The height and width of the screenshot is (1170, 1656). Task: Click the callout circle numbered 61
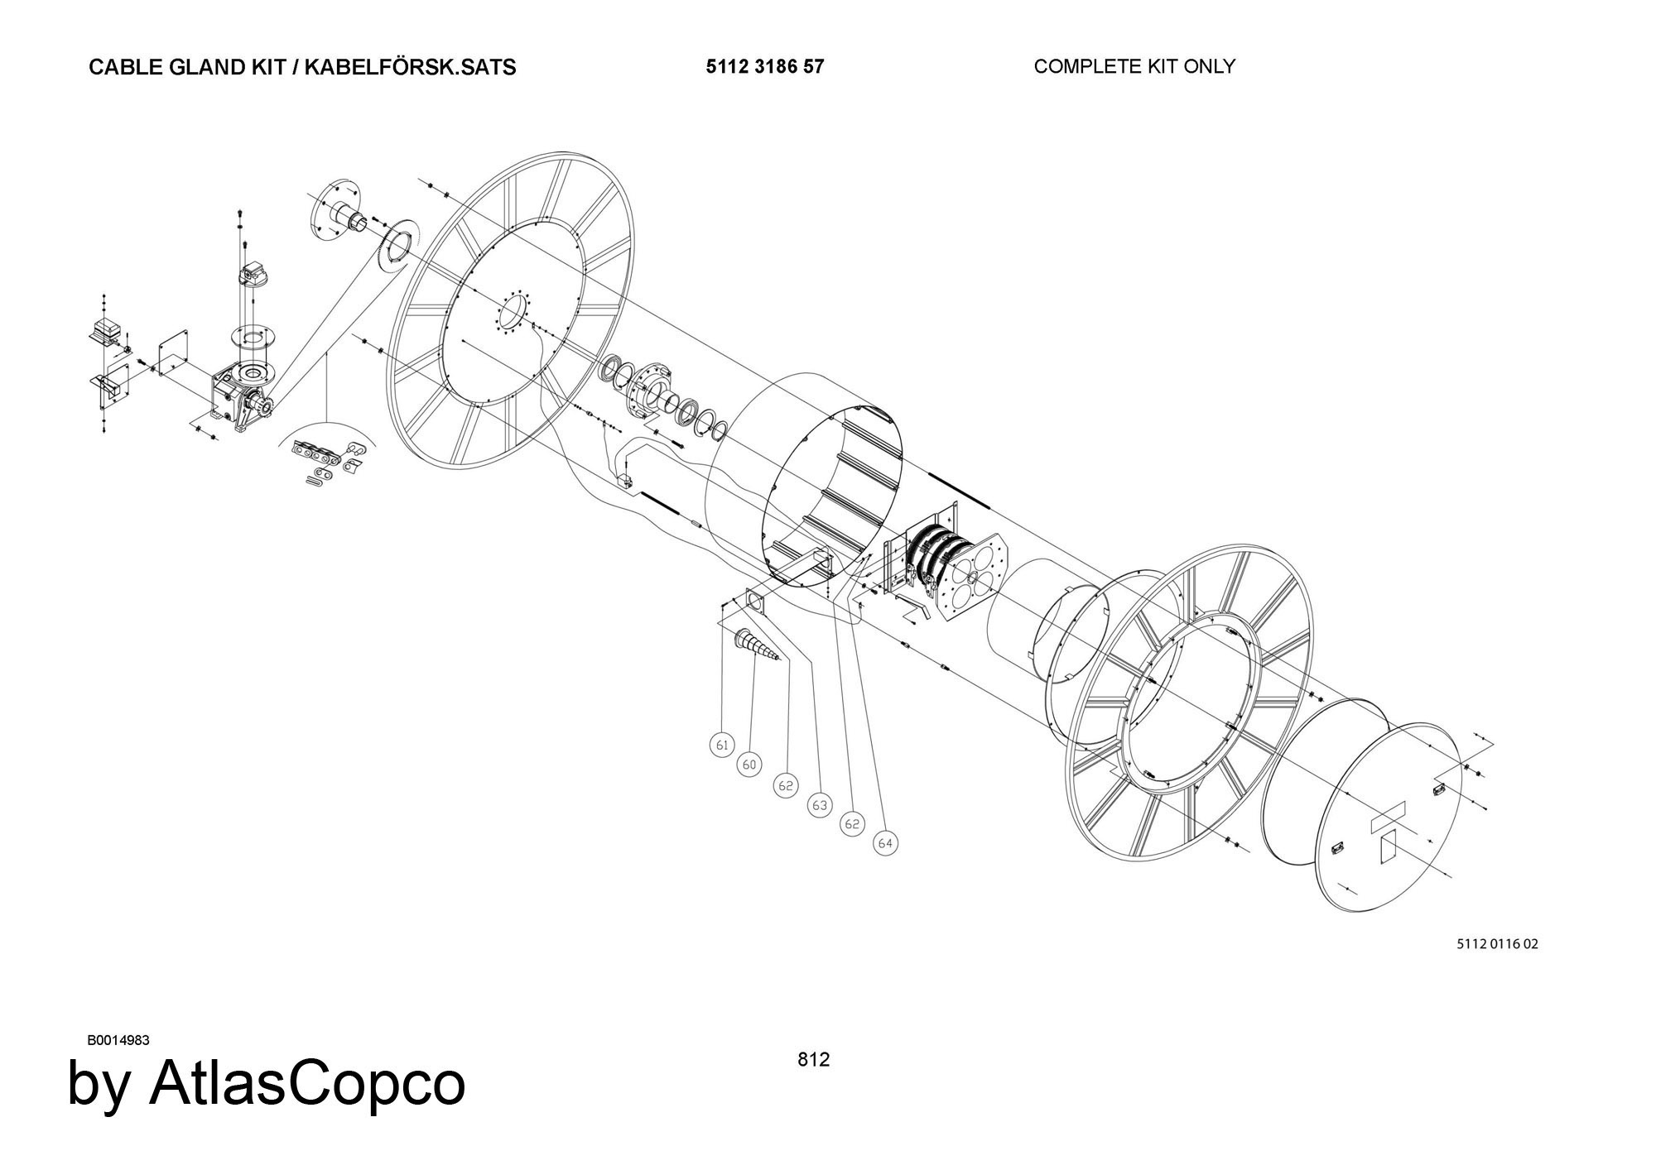723,745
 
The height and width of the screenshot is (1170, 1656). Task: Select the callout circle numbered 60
749,765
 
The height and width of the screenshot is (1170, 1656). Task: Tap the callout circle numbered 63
820,804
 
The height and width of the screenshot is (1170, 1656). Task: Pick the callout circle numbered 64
885,842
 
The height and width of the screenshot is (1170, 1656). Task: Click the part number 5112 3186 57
765,66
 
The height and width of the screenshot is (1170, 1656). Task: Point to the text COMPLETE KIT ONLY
1134,66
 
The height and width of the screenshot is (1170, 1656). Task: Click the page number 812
813,1059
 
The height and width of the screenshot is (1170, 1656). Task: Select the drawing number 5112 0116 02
1497,943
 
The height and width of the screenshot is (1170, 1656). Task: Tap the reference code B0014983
118,1040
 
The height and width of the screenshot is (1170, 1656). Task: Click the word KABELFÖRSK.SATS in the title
410,67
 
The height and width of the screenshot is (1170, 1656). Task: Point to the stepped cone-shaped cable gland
758,645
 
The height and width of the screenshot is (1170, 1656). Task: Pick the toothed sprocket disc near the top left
393,244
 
